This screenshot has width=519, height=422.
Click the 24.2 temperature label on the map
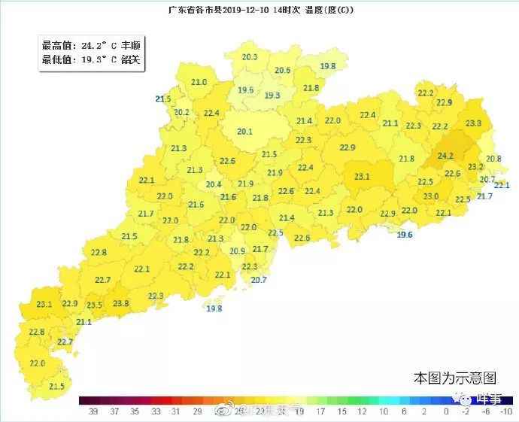tap(445, 155)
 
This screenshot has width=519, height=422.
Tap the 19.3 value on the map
tap(272, 96)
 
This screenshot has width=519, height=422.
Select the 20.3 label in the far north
tap(250, 57)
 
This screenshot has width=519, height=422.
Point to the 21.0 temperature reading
tap(199, 82)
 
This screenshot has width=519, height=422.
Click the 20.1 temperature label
tap(244, 132)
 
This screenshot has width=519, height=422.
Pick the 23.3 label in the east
tap(474, 123)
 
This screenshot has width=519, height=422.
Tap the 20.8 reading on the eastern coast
tap(493, 159)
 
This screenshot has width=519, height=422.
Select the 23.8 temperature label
tap(120, 303)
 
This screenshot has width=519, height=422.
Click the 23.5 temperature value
tap(94, 305)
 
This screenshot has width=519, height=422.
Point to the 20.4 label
tap(214, 184)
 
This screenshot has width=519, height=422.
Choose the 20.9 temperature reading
tap(237, 251)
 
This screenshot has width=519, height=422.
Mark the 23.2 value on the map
tap(475, 167)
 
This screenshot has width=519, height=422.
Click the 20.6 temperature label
tap(283, 71)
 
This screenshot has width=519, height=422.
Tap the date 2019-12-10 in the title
tap(232, 10)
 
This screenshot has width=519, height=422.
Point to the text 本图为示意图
tap(454, 377)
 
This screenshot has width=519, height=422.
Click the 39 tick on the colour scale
tap(93, 411)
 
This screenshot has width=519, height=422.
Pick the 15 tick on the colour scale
tap(342, 411)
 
